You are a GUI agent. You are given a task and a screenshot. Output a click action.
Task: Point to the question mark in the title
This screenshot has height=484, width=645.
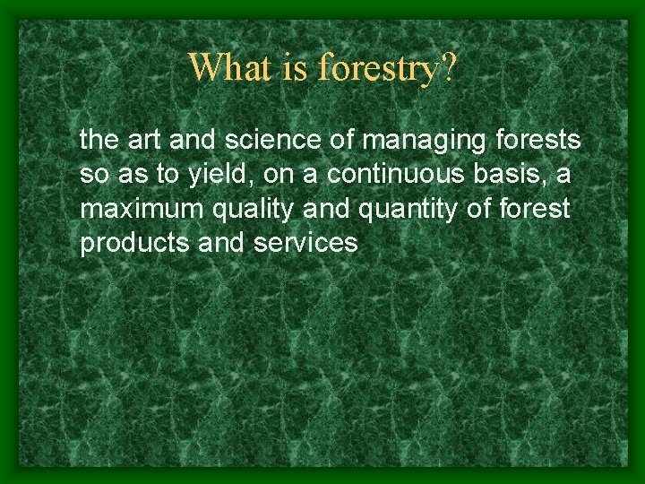tap(445, 67)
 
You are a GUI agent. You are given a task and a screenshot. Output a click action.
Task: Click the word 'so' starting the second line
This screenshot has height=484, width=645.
tap(92, 175)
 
